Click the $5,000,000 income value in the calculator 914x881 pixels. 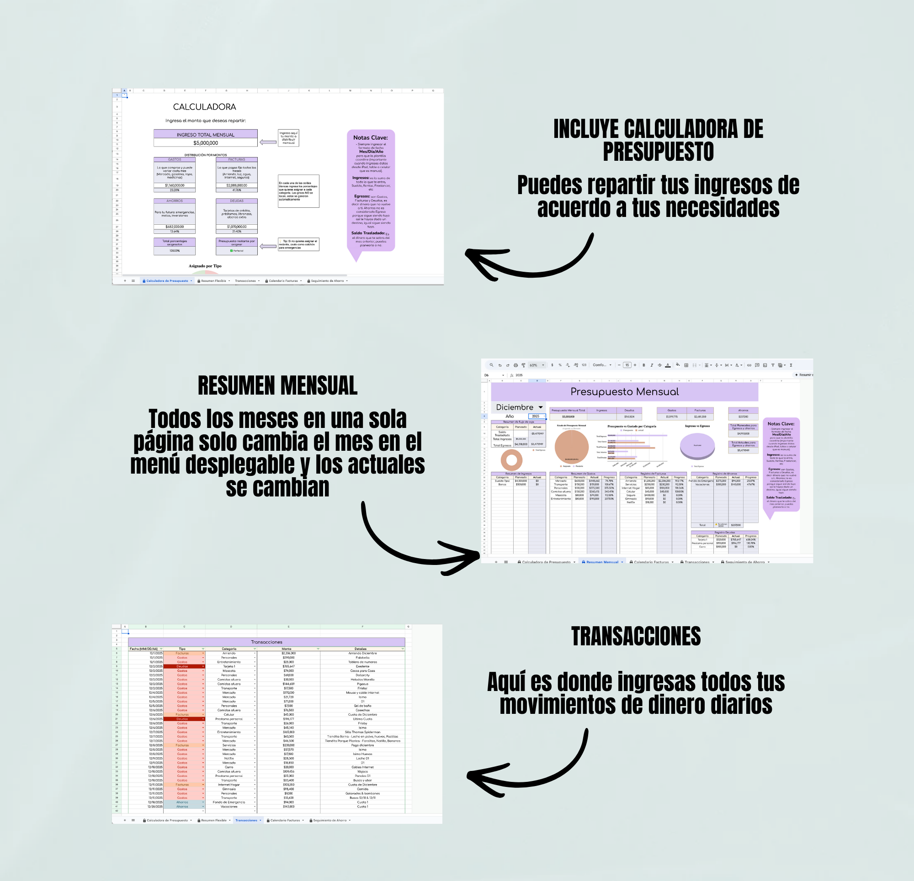(206, 143)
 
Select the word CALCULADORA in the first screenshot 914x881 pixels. (204, 107)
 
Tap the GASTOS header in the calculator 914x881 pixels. (175, 159)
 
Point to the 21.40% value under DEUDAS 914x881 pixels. (236, 231)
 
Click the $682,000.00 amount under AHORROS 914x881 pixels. (175, 227)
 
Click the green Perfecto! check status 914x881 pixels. (236, 251)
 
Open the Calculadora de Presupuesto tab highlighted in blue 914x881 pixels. (167, 281)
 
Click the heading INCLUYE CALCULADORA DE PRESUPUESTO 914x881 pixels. (658, 140)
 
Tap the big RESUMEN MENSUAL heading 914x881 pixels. (277, 385)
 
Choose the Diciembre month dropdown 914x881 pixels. (519, 407)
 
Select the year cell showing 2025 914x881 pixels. (536, 416)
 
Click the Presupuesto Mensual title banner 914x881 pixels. (624, 391)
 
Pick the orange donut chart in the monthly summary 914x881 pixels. (511, 460)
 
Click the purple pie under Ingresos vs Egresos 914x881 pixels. (697, 446)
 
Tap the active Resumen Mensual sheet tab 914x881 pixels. (602, 562)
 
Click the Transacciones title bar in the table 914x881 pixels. (266, 642)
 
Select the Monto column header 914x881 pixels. (287, 649)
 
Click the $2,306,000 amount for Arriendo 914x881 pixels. (288, 653)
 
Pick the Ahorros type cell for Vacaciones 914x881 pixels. (182, 807)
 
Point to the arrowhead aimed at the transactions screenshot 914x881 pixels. (473, 776)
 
